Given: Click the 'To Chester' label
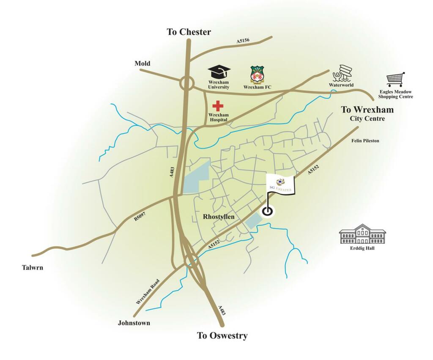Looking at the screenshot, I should coord(189,32).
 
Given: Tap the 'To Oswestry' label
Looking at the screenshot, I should coord(222,336).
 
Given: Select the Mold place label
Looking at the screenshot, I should coord(143,63).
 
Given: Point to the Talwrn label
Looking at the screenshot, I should coord(33,267).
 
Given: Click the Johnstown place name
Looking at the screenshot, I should coord(134,323).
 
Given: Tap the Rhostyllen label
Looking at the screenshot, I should coord(219,216).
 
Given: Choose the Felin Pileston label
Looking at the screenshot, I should coord(364,140).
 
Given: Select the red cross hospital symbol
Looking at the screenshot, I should coord(218,106).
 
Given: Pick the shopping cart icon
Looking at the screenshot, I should coord(395,79).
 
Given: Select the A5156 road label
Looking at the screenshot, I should coord(243,41).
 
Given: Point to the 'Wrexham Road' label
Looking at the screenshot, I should coord(148,291).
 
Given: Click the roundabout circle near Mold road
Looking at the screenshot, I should coord(187,83).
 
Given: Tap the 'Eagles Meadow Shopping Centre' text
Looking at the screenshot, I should coord(395,94).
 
